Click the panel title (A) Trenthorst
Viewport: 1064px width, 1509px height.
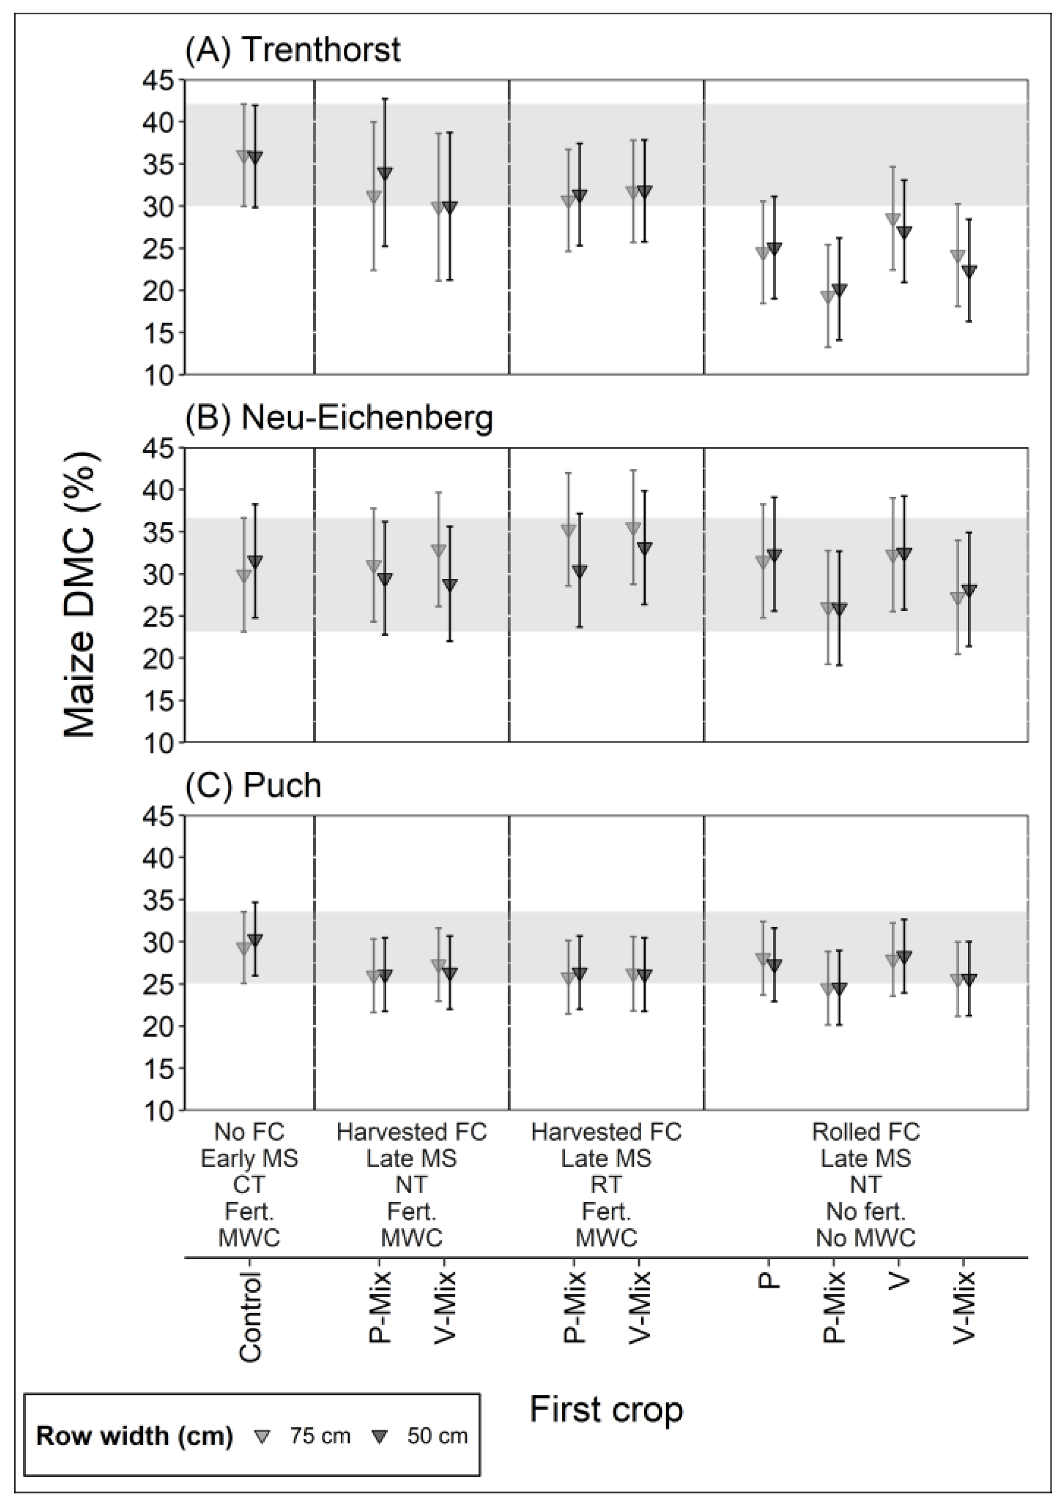coord(293,51)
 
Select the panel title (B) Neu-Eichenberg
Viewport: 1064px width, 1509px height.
coord(339,419)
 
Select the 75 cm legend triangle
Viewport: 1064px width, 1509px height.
coord(262,1437)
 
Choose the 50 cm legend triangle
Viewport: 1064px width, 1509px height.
coord(379,1437)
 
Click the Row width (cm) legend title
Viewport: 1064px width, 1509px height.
coord(134,1437)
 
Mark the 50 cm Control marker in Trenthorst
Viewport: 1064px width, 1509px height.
coord(255,158)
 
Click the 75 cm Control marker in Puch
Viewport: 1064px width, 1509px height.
coord(243,948)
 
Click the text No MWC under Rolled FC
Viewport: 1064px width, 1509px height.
coord(866,1238)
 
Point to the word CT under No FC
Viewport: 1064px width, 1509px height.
coord(249,1185)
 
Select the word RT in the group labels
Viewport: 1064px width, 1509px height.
coord(606,1185)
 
